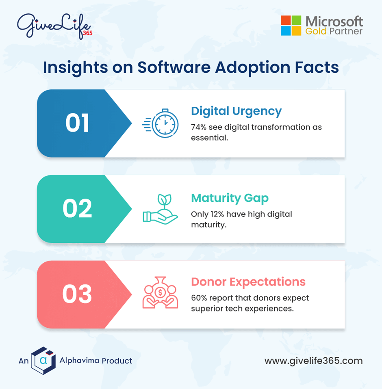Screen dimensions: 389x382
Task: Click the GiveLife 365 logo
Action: pyautogui.click(x=54, y=26)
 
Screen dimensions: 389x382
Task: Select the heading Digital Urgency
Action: pyautogui.click(x=236, y=111)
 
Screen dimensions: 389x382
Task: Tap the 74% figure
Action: pyautogui.click(x=199, y=127)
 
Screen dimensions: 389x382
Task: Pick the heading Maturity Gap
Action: pyautogui.click(x=230, y=198)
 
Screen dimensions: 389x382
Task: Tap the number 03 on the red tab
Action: pyautogui.click(x=77, y=294)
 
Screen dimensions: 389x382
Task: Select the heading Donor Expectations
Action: pyautogui.click(x=248, y=281)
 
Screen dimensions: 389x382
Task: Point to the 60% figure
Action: pyautogui.click(x=199, y=298)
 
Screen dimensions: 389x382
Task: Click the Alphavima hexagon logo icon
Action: pyautogui.click(x=43, y=360)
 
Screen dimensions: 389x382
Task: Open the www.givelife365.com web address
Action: pyautogui.click(x=313, y=361)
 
